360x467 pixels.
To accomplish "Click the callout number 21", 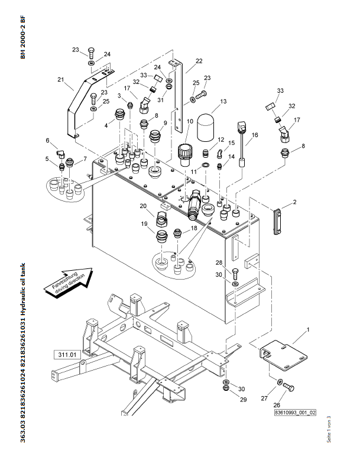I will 60,79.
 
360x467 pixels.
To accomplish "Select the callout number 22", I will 199,61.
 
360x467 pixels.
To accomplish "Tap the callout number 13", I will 223,102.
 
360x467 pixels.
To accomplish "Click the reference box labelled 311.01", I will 69,355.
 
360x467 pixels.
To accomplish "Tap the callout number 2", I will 294,203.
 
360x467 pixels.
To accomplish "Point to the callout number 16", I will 255,135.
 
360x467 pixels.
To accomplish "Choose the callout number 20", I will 142,206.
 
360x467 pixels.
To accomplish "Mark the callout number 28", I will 235,262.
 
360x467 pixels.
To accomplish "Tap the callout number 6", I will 47,140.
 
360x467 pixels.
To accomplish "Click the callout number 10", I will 190,121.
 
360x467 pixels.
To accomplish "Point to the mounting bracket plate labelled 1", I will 283,355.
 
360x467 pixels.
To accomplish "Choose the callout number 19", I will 144,224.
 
